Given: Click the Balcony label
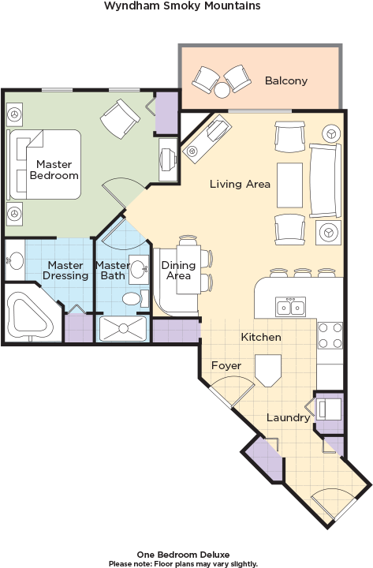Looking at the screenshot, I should pos(285,80).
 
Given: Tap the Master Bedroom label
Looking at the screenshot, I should pos(54,170).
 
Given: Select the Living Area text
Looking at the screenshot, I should pos(240,184).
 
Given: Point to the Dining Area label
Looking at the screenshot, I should pos(177,271).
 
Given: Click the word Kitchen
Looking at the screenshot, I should pos(260,337).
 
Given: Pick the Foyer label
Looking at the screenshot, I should pos(226,365).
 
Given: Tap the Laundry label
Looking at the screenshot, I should pos(287,417).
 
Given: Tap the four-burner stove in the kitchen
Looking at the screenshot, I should pos(330,336).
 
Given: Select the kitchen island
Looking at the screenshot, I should pos(268,370).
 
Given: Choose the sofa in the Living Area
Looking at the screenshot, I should pos(324,180).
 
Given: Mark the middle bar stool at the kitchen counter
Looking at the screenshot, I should pos(301,274).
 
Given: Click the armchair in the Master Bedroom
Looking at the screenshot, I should pos(119,119).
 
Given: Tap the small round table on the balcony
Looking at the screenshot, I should pos(221,92).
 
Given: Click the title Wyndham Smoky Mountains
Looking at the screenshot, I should pos(181,6).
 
